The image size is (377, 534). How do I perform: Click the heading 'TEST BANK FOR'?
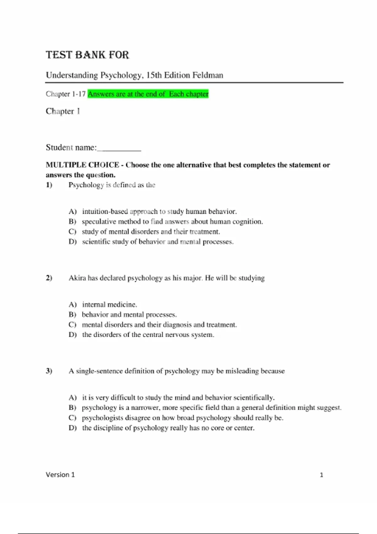(87, 55)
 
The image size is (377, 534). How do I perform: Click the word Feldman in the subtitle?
(208, 75)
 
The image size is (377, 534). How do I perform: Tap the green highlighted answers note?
(148, 94)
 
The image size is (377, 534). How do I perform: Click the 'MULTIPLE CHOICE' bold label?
(82, 165)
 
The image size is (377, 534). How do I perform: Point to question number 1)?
(49, 185)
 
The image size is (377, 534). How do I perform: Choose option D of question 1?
(157, 242)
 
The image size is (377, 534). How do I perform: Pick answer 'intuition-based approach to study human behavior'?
(159, 211)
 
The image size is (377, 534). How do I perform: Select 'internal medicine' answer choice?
(109, 304)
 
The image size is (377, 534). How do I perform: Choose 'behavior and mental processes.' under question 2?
(129, 314)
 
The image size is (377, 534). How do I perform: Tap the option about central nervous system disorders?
(148, 335)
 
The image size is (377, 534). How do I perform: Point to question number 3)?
(49, 371)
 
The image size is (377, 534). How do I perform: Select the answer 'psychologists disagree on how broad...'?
(182, 418)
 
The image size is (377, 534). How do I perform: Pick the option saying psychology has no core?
(168, 428)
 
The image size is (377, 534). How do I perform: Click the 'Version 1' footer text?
(60, 475)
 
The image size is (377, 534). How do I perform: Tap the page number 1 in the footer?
(321, 475)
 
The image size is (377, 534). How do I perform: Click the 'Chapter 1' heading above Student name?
(63, 111)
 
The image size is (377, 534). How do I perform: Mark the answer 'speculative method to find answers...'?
(172, 221)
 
